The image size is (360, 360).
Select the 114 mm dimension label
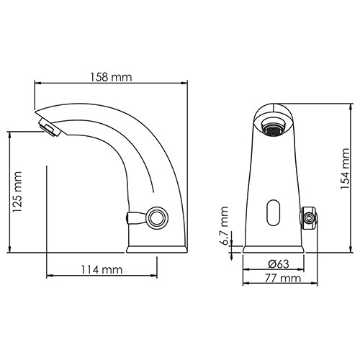click(102, 270)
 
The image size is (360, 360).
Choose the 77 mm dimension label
click(277, 278)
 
